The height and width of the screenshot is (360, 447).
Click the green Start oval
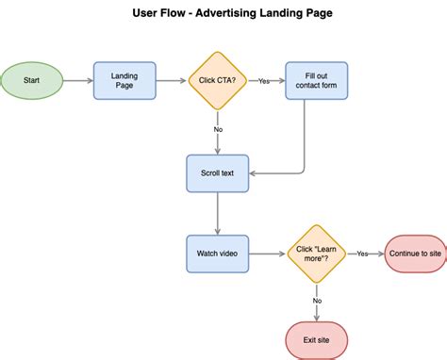pos(31,81)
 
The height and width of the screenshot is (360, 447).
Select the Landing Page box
pos(124,81)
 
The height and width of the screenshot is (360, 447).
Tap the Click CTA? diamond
pos(218,81)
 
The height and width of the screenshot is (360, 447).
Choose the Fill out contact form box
pos(316,81)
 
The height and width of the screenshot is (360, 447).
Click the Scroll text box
pos(218,173)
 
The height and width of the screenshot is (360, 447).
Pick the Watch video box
pos(218,254)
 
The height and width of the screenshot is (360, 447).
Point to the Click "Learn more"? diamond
pos(316,254)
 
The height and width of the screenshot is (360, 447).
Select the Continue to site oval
pos(414,254)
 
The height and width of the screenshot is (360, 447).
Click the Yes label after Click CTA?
pos(264,81)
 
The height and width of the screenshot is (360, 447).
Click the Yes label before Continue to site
pos(363,254)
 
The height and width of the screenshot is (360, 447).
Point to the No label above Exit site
pos(316,301)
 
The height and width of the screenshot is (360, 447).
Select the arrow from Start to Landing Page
pos(77,81)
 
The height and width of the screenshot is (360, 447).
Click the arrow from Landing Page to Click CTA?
pos(172,81)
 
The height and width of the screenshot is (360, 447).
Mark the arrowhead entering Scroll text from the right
pos(255,173)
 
